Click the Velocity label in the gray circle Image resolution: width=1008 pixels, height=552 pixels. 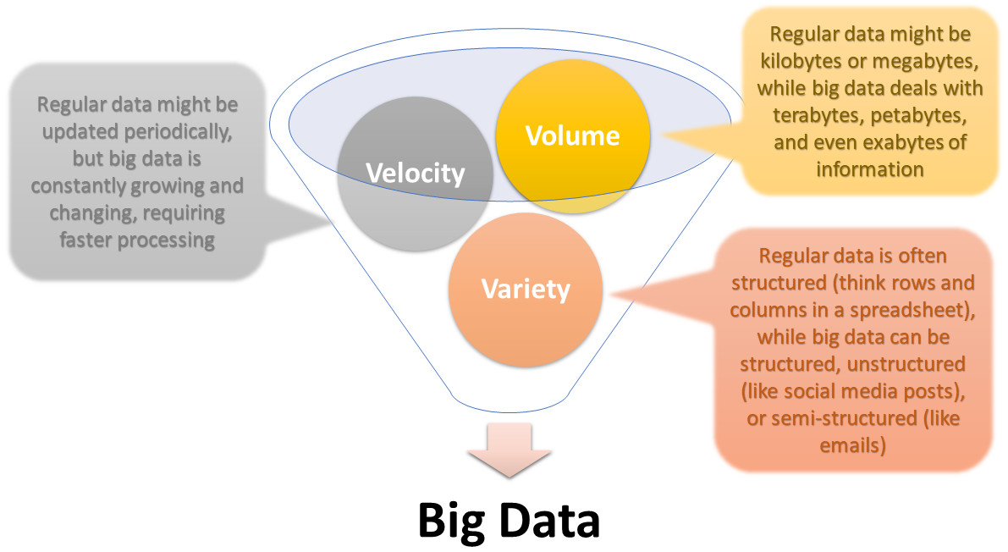[415, 174]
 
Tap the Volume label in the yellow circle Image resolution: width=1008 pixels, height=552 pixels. [572, 135]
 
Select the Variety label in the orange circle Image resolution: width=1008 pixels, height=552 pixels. [526, 289]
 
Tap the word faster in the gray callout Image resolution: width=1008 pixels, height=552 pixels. [85, 240]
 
